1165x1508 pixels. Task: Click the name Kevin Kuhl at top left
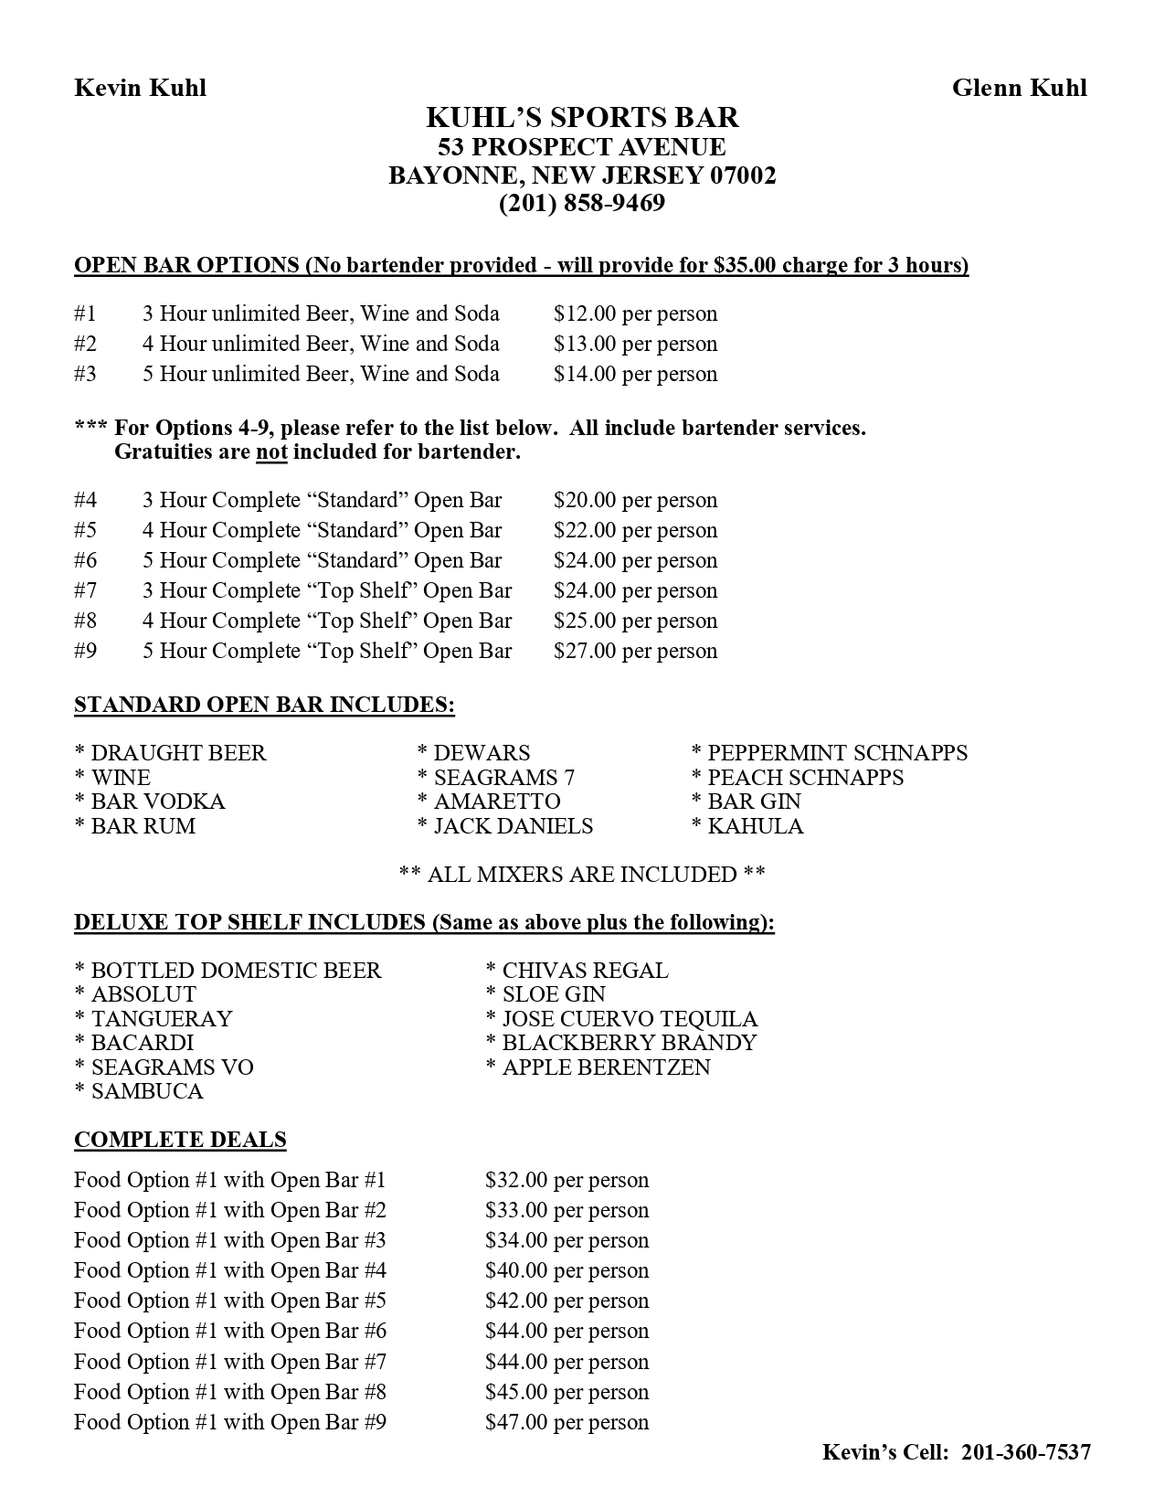pyautogui.click(x=140, y=88)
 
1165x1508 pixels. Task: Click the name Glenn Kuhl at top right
pyautogui.click(x=1019, y=88)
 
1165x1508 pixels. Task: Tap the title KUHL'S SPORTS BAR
pyautogui.click(x=582, y=117)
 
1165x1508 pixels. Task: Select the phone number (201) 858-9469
pyautogui.click(x=582, y=203)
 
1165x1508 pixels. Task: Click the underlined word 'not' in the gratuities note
pyautogui.click(x=271, y=451)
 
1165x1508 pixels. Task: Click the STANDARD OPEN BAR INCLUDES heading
pyautogui.click(x=264, y=705)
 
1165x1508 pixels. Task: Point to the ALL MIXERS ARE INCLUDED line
pyautogui.click(x=582, y=875)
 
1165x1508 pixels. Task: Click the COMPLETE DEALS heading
pyautogui.click(x=180, y=1140)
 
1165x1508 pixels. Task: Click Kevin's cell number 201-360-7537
pyautogui.click(x=1026, y=1452)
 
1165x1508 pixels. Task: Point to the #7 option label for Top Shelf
pyautogui.click(x=85, y=590)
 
